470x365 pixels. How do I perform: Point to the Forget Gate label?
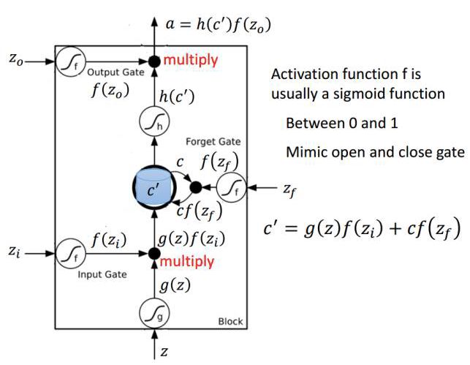(x=213, y=141)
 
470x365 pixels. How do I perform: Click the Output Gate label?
(x=110, y=73)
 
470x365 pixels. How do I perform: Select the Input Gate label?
(x=102, y=274)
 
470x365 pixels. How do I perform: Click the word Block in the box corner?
(x=230, y=322)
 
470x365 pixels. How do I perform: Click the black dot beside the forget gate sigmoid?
(x=195, y=187)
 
